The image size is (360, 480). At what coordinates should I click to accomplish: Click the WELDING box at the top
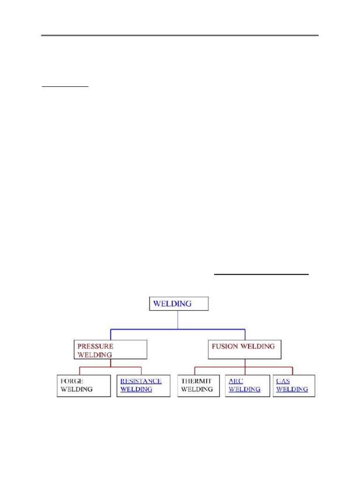click(179, 303)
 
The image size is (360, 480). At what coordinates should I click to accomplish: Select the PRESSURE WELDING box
click(111, 350)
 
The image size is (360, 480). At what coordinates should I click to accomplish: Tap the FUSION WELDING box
click(245, 349)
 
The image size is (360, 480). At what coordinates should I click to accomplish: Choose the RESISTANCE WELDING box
click(143, 385)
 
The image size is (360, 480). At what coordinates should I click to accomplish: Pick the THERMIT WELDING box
click(198, 385)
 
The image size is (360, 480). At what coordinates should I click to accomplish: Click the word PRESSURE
click(96, 346)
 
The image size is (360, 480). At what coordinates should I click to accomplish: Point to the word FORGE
click(72, 381)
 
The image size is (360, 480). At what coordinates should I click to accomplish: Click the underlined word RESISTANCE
click(141, 381)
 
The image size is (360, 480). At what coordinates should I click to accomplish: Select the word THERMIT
click(197, 381)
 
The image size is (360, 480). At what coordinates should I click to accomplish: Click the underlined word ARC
click(236, 381)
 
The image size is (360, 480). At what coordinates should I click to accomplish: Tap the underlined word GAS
click(283, 381)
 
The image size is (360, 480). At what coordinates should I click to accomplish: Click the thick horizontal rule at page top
click(180, 35)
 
